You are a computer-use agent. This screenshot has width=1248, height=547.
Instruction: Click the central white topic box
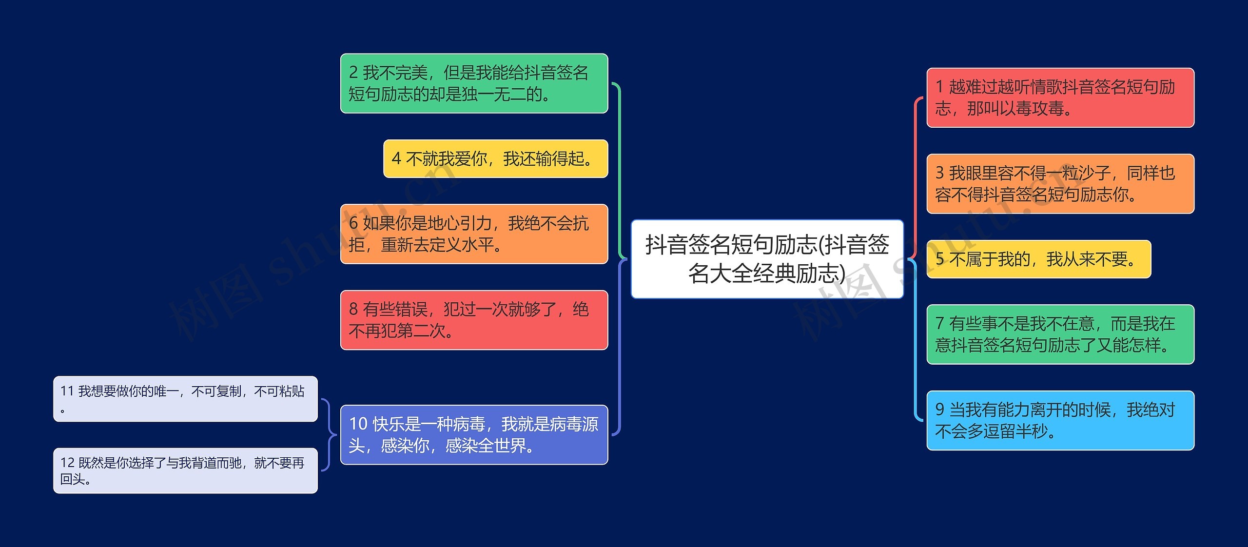[x=767, y=259]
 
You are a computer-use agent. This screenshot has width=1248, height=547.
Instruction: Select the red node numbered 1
[x=1060, y=98]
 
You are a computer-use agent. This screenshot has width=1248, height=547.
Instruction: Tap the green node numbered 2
[x=474, y=83]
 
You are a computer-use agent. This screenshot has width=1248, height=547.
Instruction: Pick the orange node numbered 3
[x=1060, y=184]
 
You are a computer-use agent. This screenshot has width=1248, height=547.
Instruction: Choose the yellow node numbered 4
[x=495, y=158]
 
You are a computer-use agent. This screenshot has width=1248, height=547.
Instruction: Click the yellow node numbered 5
[x=1038, y=259]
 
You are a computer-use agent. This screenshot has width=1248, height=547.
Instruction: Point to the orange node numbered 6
[x=474, y=234]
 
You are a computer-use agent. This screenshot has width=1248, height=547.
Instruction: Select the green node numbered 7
[x=1060, y=334]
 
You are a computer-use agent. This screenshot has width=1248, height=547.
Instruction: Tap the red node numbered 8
[x=474, y=320]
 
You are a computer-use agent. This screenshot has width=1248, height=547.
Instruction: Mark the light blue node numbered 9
[x=1060, y=420]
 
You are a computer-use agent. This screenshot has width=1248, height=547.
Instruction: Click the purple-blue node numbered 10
[x=474, y=434]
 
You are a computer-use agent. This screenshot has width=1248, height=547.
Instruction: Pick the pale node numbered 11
[x=185, y=399]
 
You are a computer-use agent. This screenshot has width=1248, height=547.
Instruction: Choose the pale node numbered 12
[x=185, y=470]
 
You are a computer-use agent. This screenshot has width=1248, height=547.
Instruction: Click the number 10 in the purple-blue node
[x=358, y=424]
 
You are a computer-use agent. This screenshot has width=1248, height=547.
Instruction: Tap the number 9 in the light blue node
[x=940, y=410]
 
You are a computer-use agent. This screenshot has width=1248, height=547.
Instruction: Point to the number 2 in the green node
[x=353, y=73]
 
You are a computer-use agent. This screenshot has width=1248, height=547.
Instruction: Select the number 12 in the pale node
[x=67, y=463]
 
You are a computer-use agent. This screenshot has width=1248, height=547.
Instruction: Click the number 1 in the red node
[x=939, y=87]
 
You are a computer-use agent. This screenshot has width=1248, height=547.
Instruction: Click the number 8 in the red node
[x=353, y=309]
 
